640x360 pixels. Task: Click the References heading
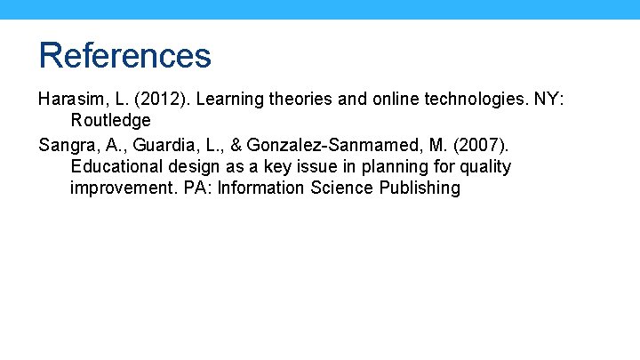tap(125, 55)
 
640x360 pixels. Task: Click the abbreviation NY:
tap(548, 99)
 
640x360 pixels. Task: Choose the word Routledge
tap(111, 120)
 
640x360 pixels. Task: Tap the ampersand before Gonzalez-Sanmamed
tap(236, 144)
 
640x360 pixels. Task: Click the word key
tap(271, 166)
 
